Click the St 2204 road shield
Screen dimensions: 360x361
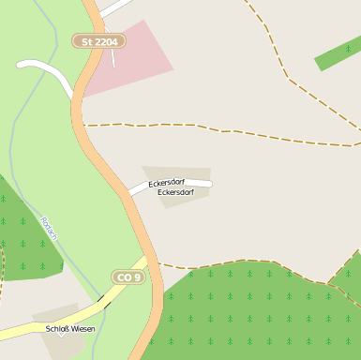click(x=99, y=41)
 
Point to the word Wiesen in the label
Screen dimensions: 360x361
click(x=83, y=329)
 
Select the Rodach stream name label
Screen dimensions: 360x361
click(x=49, y=229)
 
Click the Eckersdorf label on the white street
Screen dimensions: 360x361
click(x=166, y=182)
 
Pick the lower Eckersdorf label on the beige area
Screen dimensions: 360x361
click(x=175, y=192)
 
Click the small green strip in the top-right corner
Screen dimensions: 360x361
click(x=338, y=54)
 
